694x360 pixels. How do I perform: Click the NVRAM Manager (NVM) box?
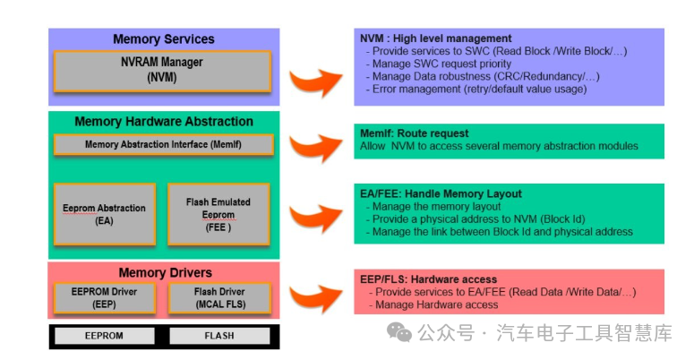[163, 71]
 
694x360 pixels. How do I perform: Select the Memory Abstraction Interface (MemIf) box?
[163, 144]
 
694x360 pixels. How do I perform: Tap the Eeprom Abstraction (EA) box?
[105, 214]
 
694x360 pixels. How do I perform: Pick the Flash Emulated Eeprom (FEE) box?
[218, 214]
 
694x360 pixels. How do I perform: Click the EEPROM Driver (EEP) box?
[105, 297]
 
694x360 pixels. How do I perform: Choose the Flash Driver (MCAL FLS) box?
[219, 297]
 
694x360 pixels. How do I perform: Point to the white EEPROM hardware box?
[105, 336]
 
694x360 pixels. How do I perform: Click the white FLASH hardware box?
[219, 336]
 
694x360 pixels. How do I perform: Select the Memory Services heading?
[163, 39]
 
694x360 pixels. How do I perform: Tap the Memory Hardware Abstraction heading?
[163, 122]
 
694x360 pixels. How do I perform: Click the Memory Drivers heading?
[165, 272]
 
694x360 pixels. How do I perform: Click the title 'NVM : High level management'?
[435, 39]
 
